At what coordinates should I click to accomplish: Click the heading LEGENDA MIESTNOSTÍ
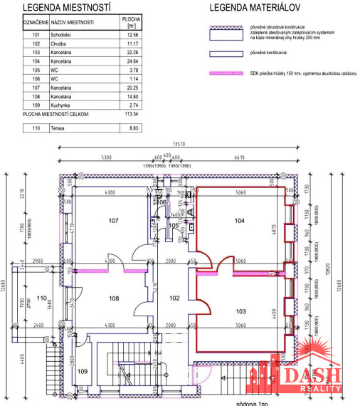(68, 8)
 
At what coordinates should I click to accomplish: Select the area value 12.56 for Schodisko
(130, 33)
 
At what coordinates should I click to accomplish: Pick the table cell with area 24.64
(130, 63)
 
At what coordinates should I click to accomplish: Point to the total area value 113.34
(130, 113)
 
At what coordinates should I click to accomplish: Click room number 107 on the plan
(113, 221)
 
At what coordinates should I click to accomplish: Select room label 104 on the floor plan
(240, 222)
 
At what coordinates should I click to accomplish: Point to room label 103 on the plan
(240, 312)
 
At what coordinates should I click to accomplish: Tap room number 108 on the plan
(113, 299)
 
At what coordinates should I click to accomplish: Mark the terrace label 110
(41, 298)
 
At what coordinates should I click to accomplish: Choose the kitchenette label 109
(82, 371)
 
